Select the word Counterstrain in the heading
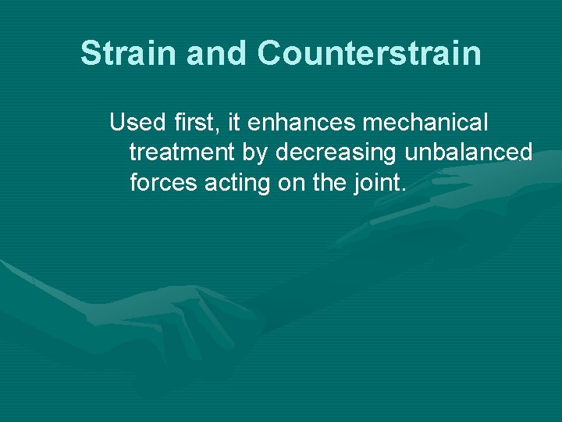tap(369, 54)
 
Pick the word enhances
tap(304, 123)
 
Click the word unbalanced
tap(468, 152)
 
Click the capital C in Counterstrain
tap(272, 54)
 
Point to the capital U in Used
tap(118, 123)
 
